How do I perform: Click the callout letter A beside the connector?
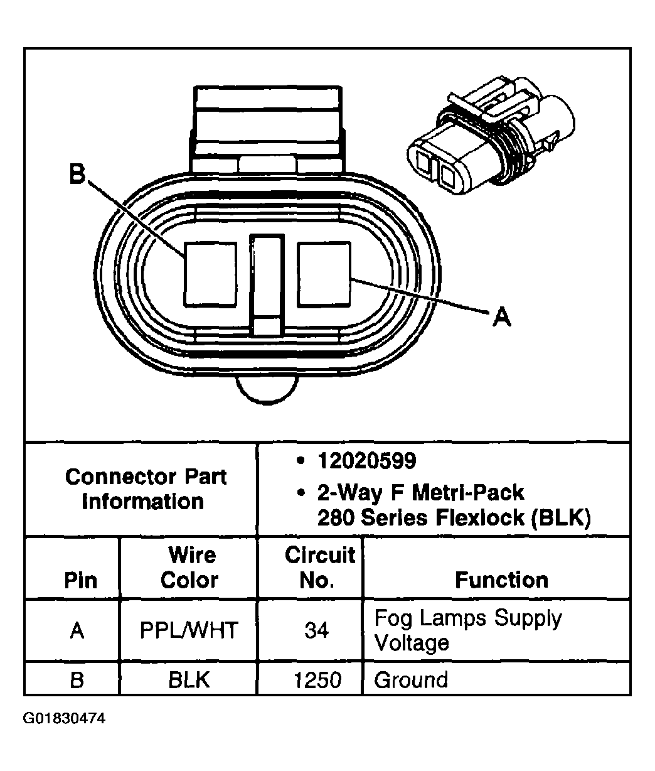point(501,317)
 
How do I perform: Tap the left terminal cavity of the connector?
point(210,274)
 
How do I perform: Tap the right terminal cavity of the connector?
point(324,274)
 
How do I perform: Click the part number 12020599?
point(366,461)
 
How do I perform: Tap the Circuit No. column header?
point(319,567)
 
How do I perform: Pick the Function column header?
point(501,580)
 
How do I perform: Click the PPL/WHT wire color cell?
point(189,630)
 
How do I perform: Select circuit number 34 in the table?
point(317,630)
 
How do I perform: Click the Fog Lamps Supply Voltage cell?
point(467,630)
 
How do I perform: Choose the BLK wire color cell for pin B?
point(189,680)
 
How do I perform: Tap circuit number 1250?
point(317,680)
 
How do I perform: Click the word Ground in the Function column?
point(411,680)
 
